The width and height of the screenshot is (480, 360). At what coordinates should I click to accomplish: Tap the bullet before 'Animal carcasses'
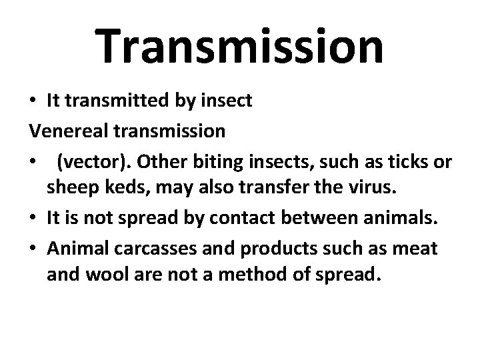pos(32,248)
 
